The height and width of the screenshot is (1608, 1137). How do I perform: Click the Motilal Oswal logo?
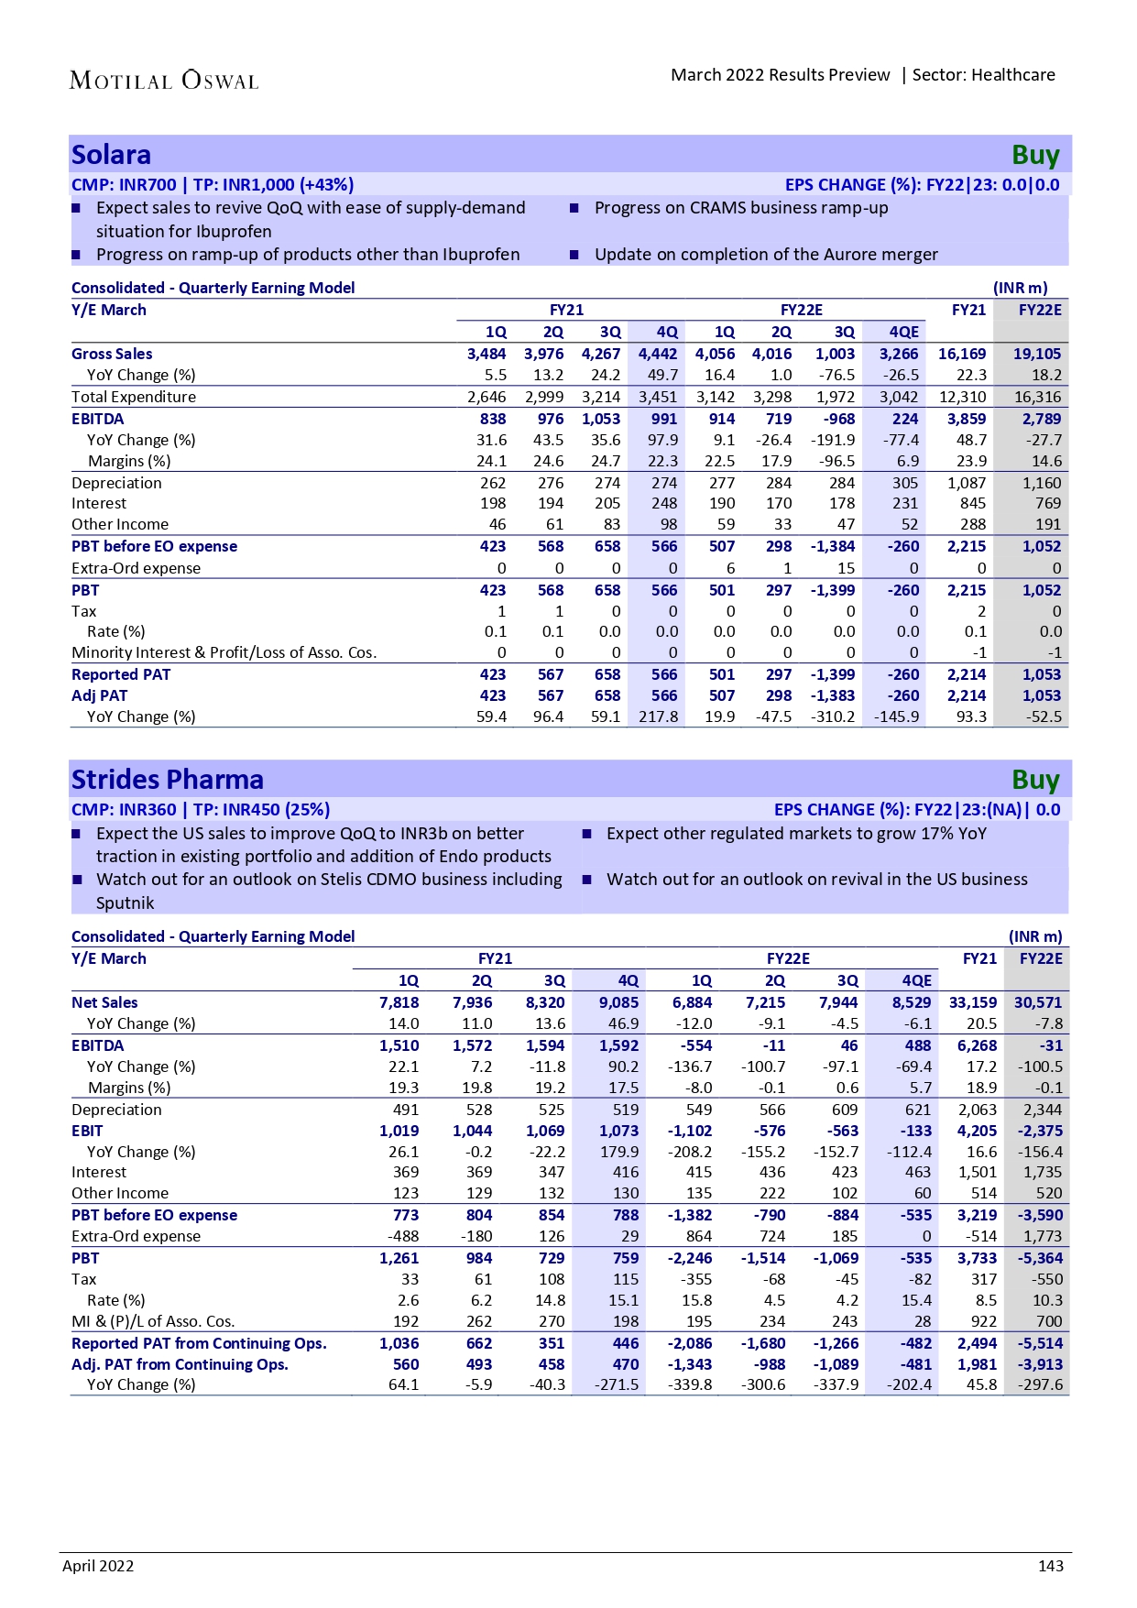click(164, 81)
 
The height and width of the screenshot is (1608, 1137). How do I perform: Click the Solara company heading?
click(111, 155)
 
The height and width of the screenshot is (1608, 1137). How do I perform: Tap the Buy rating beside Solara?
click(1035, 155)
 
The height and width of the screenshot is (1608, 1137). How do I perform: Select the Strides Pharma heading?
click(168, 780)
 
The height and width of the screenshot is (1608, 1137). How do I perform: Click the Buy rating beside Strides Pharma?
click(1035, 780)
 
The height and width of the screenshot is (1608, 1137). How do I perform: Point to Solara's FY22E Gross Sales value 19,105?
click(1037, 354)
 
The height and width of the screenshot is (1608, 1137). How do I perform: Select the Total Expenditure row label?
click(134, 397)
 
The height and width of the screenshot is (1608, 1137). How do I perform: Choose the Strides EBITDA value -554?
click(694, 1045)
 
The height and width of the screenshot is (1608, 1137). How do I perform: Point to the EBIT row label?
click(87, 1131)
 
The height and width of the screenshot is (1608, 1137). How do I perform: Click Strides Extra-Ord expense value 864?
click(699, 1236)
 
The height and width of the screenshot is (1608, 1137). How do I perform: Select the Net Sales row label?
click(104, 1002)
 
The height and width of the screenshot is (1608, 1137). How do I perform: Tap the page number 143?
click(1051, 1566)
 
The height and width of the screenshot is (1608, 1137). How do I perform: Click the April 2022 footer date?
click(98, 1566)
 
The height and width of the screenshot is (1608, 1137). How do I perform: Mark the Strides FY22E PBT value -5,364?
click(1040, 1258)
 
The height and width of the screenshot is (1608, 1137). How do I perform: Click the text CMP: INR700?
click(124, 184)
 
